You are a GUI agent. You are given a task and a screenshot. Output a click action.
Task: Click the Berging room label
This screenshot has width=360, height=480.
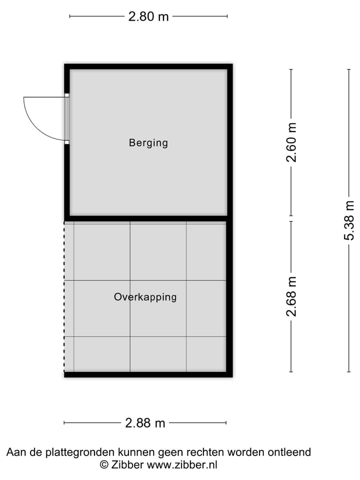pos(148,143)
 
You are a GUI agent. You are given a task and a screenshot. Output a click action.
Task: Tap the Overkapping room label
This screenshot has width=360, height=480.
pos(145,297)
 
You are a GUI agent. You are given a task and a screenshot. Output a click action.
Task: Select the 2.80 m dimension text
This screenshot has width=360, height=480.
pos(148,16)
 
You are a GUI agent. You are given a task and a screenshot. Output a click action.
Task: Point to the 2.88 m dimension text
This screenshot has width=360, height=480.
pos(144,423)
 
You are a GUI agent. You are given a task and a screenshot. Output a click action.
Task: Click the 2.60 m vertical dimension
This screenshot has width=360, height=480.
pos(291,142)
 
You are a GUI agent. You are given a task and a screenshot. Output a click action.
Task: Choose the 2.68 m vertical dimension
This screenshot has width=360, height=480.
pos(291,296)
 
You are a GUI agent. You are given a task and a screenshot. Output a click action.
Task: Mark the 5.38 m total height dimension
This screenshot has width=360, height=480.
pos(349,220)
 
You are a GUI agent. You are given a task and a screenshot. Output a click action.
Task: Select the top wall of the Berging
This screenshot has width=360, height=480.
pos(148,66)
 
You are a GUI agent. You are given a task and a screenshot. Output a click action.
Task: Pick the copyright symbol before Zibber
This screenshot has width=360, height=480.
pos(104,464)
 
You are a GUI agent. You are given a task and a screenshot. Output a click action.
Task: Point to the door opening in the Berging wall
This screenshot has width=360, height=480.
pos(66,119)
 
